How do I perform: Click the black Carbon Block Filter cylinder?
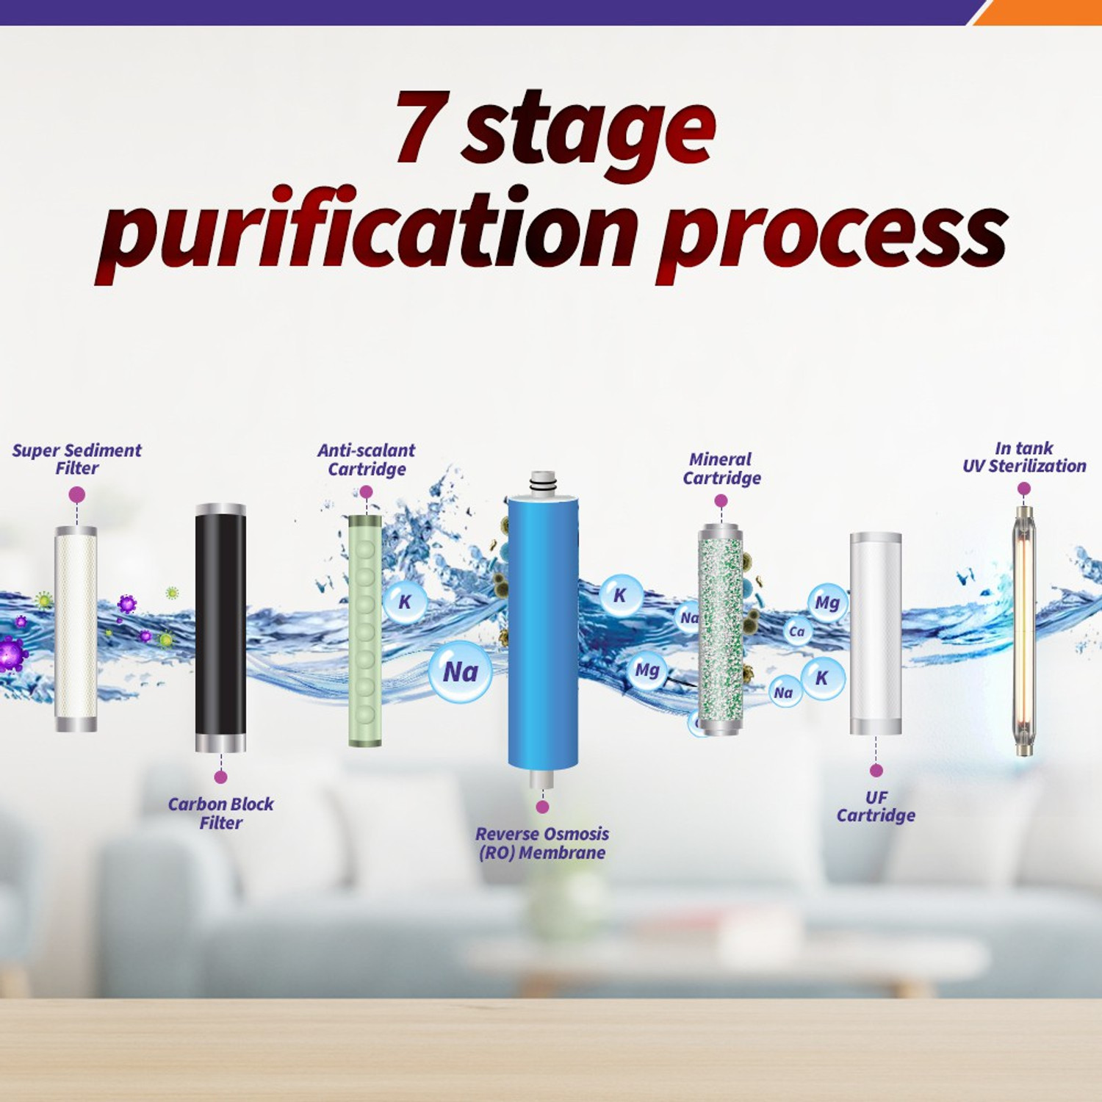point(220,628)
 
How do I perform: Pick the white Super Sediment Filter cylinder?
point(76,629)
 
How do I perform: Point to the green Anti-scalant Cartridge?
point(365,630)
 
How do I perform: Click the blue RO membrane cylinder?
point(543,632)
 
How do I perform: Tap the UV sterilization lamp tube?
point(1024,630)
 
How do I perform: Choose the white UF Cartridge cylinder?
point(876,633)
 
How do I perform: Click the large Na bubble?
point(461,671)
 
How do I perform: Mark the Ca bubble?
point(797,631)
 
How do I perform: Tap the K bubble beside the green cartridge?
point(405,602)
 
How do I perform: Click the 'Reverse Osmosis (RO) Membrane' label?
point(542,843)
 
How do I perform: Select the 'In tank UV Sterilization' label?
point(1024,457)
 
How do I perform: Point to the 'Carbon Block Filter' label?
point(220,813)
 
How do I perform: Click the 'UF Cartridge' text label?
point(876,807)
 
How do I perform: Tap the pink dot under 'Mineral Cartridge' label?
point(721,500)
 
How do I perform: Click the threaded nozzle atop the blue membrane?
point(543,482)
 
